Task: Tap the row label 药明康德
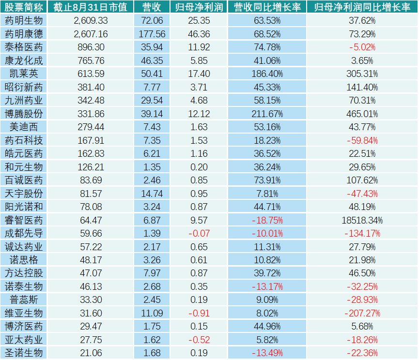[x=23, y=34]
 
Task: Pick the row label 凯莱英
[x=23, y=74]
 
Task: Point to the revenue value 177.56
[x=152, y=34]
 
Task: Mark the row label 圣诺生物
[x=23, y=353]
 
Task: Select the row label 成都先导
[x=23, y=233]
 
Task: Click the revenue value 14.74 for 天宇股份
[x=152, y=194]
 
